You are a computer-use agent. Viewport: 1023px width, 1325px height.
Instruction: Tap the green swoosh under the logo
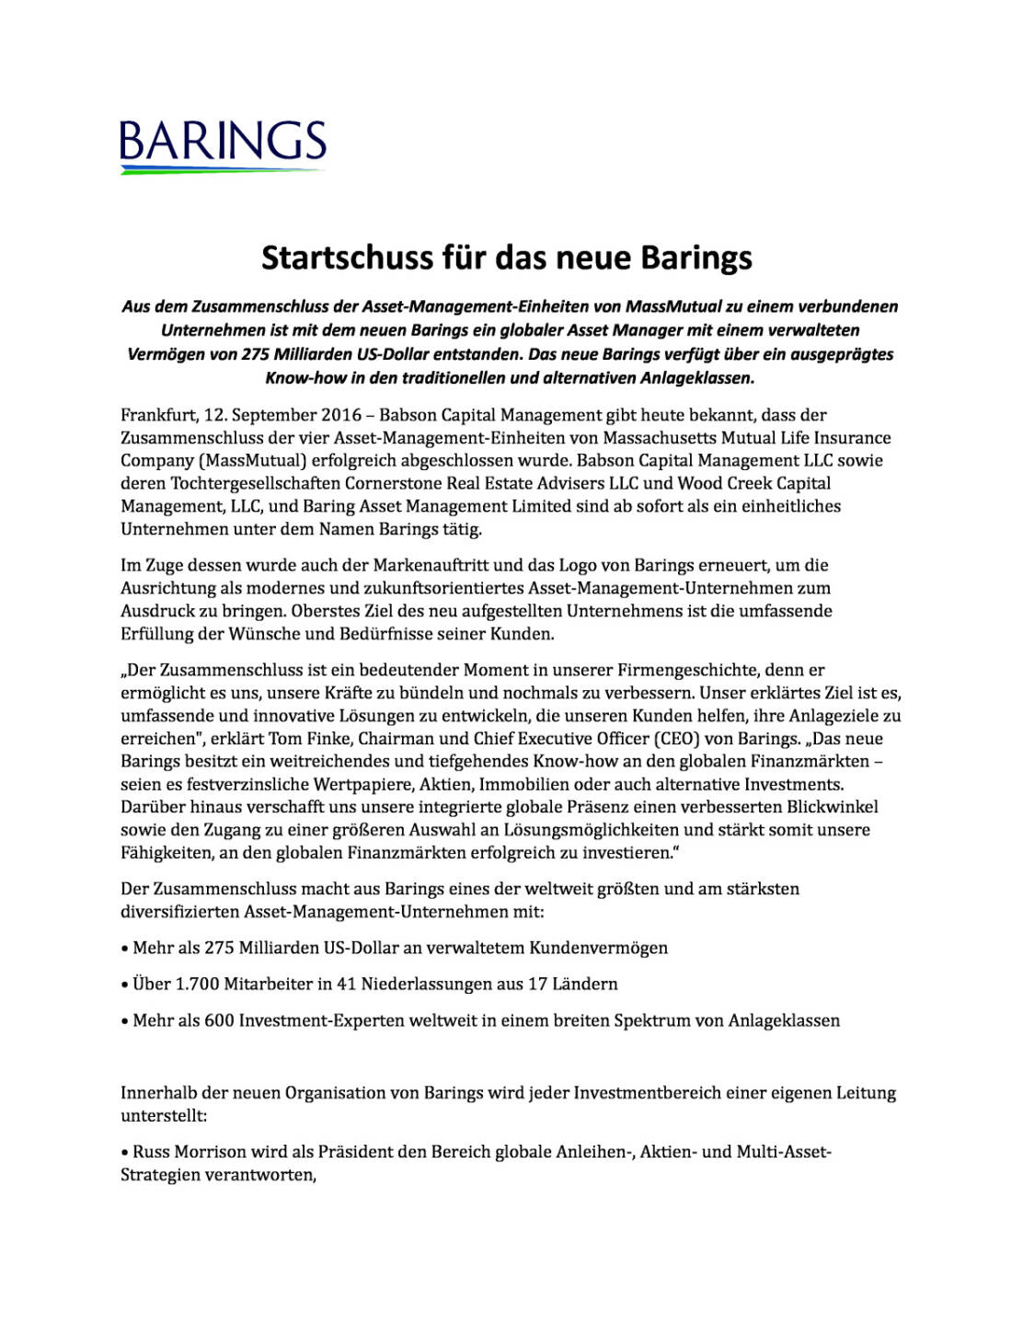(x=223, y=170)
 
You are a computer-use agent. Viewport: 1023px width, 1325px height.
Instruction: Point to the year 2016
(x=340, y=415)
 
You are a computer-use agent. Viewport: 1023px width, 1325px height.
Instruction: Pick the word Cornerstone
(x=394, y=483)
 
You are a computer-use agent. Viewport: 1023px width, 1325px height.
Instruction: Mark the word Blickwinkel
(x=832, y=807)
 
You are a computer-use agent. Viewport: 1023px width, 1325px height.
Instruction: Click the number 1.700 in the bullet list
(x=195, y=985)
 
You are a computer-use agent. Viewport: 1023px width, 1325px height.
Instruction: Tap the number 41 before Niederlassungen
(x=346, y=985)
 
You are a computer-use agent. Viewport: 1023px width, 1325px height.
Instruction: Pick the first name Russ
(x=152, y=1152)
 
